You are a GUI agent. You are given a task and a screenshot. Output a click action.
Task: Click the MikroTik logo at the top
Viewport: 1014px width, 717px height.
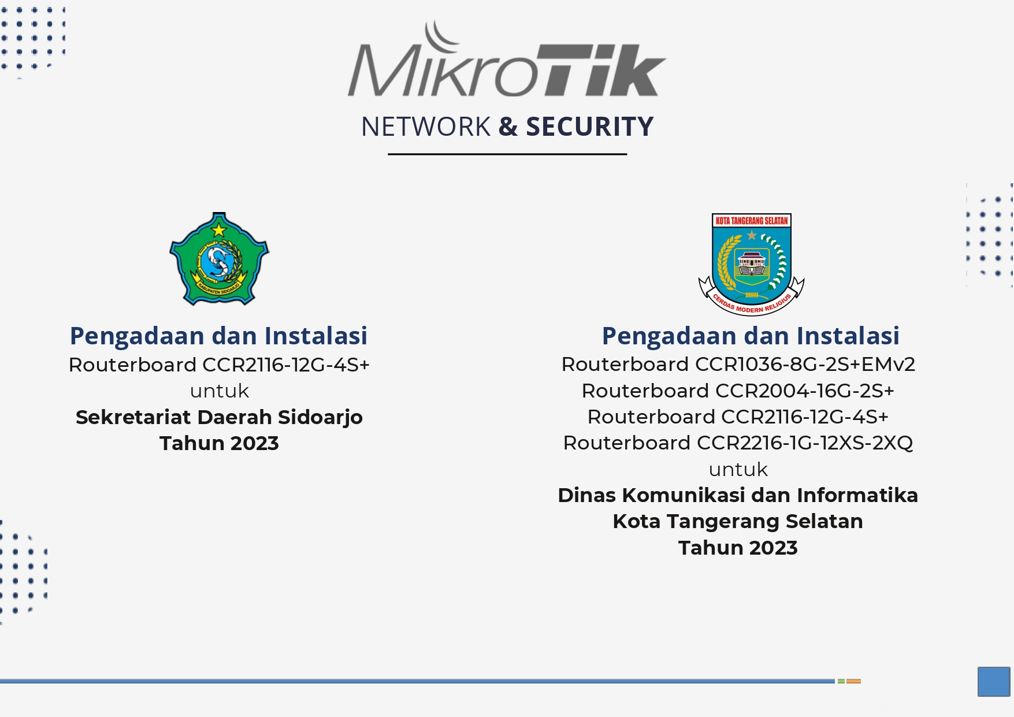tap(507, 58)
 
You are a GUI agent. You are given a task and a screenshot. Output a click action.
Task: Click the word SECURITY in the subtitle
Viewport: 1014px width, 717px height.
tap(590, 127)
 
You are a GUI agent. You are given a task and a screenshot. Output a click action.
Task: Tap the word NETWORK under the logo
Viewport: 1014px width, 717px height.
tap(426, 127)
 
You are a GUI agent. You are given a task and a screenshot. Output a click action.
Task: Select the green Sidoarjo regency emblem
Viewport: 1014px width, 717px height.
tap(219, 259)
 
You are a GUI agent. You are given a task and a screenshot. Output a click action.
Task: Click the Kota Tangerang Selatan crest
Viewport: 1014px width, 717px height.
tap(751, 264)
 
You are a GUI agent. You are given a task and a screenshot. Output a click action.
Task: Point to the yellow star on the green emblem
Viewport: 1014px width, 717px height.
tap(219, 230)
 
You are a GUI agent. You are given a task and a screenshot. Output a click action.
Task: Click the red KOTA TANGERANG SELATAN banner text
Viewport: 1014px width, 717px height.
tap(751, 221)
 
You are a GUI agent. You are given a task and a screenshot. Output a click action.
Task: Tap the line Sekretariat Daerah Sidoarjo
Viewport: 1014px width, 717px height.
tap(219, 417)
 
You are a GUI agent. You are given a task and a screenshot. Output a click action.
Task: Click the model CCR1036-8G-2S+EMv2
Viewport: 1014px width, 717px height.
tap(805, 365)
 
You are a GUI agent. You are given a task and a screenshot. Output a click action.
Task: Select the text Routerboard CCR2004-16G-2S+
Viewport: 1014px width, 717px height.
tap(738, 391)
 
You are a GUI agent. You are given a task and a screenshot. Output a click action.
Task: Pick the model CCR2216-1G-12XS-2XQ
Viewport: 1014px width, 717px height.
tap(804, 443)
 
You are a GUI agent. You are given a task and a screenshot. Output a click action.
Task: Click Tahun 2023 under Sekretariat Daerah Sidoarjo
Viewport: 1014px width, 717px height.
tap(219, 443)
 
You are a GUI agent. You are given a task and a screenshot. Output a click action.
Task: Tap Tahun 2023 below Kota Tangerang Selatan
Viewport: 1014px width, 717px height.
tap(738, 548)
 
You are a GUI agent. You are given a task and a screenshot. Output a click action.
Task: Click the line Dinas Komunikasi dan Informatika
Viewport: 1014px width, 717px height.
tap(738, 495)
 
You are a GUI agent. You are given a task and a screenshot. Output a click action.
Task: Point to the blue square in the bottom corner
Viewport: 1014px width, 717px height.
tap(994, 681)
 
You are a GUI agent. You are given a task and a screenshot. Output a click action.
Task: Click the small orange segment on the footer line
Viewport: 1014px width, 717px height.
tap(853, 681)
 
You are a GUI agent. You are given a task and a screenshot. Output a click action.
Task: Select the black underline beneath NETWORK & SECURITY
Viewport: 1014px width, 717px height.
tap(507, 154)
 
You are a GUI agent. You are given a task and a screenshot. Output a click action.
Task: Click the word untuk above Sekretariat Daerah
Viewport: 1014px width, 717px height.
tap(219, 392)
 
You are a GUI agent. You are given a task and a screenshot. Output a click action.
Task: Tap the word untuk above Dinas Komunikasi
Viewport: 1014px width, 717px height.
tap(738, 470)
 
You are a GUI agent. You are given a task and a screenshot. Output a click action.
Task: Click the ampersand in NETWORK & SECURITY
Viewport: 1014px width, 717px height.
tap(508, 127)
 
